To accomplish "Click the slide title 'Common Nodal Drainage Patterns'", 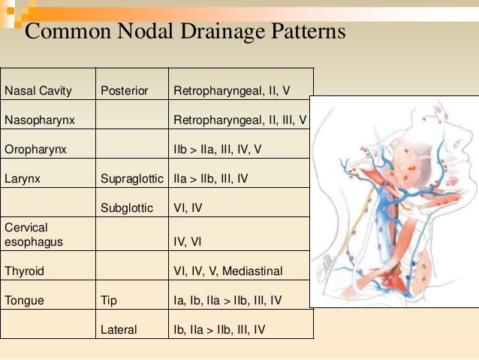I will tap(185, 32).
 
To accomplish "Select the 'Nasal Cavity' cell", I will tap(38, 92).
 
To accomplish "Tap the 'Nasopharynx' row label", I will tap(37, 120).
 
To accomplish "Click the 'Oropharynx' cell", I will tap(35, 150).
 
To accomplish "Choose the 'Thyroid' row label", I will tap(24, 271).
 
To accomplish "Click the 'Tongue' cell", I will tap(24, 301).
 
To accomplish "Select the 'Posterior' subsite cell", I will tap(124, 92).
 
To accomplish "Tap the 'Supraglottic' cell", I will tap(131, 179).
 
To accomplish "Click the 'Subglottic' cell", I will tap(126, 208).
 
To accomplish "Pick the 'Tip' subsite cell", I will tap(109, 301).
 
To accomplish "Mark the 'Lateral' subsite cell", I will tap(119, 330).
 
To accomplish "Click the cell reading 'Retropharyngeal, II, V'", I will tap(231, 92).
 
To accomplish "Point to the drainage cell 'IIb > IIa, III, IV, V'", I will tap(218, 150).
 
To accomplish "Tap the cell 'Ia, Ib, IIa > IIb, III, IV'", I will tap(227, 301).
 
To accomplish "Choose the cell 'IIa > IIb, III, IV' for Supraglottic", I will tap(210, 179).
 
